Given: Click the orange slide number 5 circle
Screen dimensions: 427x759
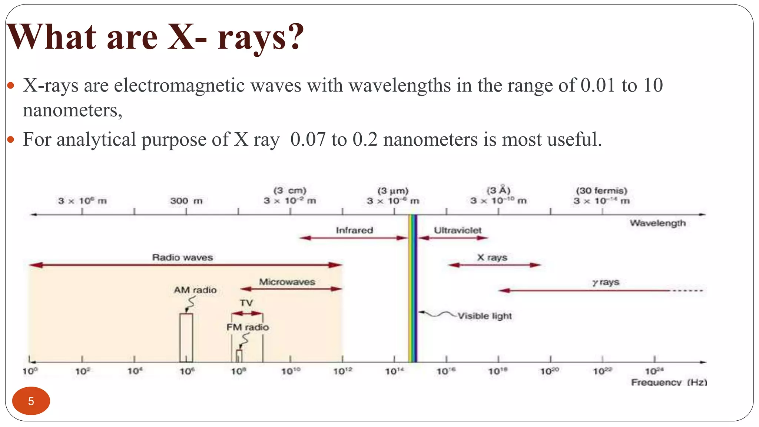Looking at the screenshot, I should [x=31, y=401].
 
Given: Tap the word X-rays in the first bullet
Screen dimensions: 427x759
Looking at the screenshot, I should [x=51, y=86].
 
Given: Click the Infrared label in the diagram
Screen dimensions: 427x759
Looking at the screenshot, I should [x=354, y=230].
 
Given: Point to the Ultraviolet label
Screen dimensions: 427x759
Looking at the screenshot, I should [x=458, y=230].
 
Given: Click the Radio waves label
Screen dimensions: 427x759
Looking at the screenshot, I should [x=182, y=257].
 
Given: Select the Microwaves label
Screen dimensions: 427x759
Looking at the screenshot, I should [x=287, y=282].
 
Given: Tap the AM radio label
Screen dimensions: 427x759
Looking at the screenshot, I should [x=195, y=290].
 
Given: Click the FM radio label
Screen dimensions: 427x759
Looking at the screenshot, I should [x=248, y=327].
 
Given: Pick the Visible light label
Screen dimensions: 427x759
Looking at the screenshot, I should [x=484, y=316].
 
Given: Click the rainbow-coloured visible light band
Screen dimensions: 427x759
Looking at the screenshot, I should [x=412, y=289].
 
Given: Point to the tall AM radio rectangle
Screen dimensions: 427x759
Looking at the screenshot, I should [x=186, y=337].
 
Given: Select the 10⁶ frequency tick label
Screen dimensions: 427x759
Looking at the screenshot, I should [x=187, y=371].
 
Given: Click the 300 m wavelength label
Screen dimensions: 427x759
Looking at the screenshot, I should [x=186, y=201].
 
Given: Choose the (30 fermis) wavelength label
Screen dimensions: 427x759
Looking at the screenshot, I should [x=601, y=191].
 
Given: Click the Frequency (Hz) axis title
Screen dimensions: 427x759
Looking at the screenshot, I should [x=669, y=382].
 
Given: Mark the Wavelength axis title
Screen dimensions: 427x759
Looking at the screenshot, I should [x=658, y=223].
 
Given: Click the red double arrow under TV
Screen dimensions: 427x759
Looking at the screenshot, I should [x=247, y=314].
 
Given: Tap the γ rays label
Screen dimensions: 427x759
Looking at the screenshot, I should [x=606, y=282].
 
